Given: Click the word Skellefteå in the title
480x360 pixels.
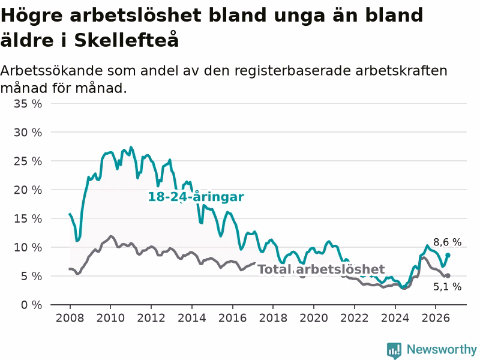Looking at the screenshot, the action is tap(127, 39).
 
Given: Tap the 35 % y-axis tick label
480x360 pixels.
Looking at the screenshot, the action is tap(28, 104).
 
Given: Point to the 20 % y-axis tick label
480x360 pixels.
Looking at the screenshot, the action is tap(28, 190).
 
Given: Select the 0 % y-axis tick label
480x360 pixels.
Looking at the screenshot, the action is tap(32, 305).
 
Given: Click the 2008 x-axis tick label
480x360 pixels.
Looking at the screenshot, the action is tap(70, 318).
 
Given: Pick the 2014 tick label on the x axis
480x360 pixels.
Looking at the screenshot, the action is tap(192, 318).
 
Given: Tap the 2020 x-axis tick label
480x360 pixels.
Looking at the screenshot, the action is tap(314, 318).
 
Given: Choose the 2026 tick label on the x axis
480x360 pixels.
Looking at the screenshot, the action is tap(436, 318).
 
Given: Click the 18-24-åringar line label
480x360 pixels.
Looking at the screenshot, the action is tap(196, 197).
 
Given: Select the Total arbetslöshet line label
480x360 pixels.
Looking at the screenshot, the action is tap(321, 269).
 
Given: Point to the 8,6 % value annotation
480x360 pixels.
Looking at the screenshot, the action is tap(447, 242).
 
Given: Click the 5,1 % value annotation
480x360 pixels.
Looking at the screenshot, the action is tap(447, 287).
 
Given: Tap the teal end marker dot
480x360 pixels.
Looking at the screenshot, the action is tap(448, 255).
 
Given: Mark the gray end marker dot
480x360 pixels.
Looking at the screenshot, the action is tap(448, 275).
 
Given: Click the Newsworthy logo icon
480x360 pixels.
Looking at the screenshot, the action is tap(394, 350).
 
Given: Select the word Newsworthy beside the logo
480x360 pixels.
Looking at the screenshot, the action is tap(442, 349).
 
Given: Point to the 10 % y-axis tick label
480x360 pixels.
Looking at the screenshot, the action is tap(28, 247).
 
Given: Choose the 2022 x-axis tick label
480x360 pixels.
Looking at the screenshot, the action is tap(355, 318).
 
